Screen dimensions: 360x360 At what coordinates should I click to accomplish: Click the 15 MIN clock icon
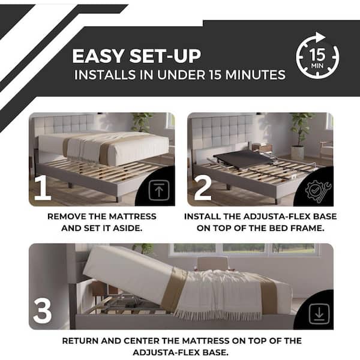317,56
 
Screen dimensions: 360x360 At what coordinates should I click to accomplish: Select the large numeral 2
203,188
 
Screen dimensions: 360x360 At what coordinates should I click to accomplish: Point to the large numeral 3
43,311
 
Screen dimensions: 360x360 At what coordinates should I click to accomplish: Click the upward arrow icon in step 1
159,190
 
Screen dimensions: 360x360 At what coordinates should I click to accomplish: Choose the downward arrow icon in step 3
319,314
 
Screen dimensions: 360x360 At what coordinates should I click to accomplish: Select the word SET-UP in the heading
165,56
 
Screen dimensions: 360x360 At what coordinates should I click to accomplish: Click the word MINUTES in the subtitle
256,75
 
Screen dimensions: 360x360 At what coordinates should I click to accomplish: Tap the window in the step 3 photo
244,250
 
